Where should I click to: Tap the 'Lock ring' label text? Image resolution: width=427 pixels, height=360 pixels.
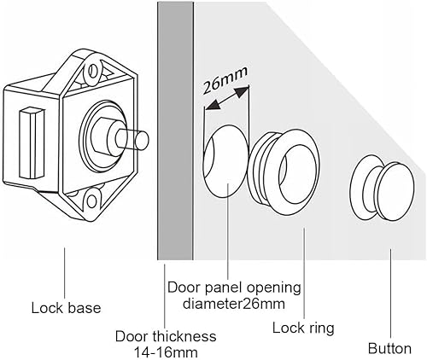point(302,327)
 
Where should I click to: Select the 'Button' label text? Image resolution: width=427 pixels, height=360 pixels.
point(389,348)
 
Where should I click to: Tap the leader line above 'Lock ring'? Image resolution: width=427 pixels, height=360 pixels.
point(302,273)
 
